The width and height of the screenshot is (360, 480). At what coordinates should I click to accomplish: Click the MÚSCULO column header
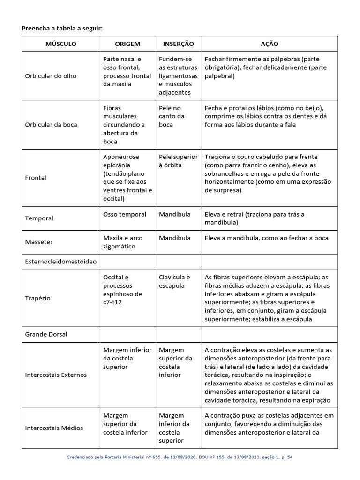pyautogui.click(x=60, y=44)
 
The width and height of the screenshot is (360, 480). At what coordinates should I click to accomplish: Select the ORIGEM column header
pyautogui.click(x=127, y=44)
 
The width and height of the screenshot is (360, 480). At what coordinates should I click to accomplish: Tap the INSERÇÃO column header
pyautogui.click(x=178, y=44)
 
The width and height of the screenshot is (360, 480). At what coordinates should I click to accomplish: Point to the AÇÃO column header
pyautogui.click(x=269, y=44)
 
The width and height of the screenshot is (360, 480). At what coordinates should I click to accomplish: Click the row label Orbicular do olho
pyautogui.click(x=51, y=76)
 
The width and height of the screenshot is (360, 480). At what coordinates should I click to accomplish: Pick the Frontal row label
pyautogui.click(x=36, y=178)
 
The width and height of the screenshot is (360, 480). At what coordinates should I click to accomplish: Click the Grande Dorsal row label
pyautogui.click(x=46, y=334)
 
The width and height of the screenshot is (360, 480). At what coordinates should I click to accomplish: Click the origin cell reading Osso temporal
pyautogui.click(x=125, y=214)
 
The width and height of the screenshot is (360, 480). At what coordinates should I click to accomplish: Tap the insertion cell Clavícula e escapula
pyautogui.click(x=174, y=281)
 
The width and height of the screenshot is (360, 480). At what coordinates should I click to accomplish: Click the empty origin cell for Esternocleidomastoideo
pyautogui.click(x=127, y=261)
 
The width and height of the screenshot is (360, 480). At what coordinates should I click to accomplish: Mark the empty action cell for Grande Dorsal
pyautogui.click(x=269, y=334)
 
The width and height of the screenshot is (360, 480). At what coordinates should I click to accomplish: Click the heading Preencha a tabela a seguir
pyautogui.click(x=62, y=29)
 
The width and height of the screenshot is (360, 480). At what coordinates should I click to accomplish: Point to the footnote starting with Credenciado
pyautogui.click(x=180, y=456)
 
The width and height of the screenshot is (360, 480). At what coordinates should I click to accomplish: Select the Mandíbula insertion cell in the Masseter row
pyautogui.click(x=175, y=238)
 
